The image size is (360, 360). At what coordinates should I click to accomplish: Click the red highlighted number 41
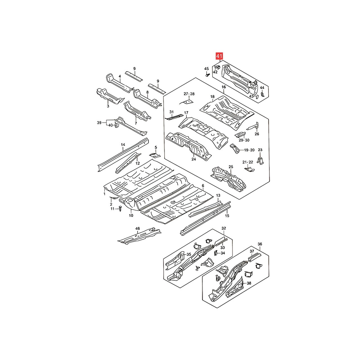(x=219, y=56)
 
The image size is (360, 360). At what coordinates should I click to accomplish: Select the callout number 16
(x=224, y=87)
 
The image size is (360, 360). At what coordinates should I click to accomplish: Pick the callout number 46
(x=138, y=228)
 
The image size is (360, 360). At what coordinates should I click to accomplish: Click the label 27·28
(x=189, y=94)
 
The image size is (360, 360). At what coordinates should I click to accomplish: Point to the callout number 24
(x=193, y=159)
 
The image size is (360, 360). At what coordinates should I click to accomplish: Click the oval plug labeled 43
(x=257, y=96)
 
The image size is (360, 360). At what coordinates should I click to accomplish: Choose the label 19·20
(x=249, y=150)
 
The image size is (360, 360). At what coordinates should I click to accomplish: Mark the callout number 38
(x=249, y=283)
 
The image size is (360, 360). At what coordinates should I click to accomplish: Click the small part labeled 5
(x=155, y=155)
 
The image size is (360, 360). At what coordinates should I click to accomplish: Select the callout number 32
(x=224, y=228)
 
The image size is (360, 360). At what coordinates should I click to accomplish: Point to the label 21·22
(x=248, y=162)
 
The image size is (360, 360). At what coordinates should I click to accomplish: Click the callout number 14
(x=123, y=144)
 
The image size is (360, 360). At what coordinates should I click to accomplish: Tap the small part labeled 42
(x=217, y=67)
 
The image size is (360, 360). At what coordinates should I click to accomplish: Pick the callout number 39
(x=99, y=123)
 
